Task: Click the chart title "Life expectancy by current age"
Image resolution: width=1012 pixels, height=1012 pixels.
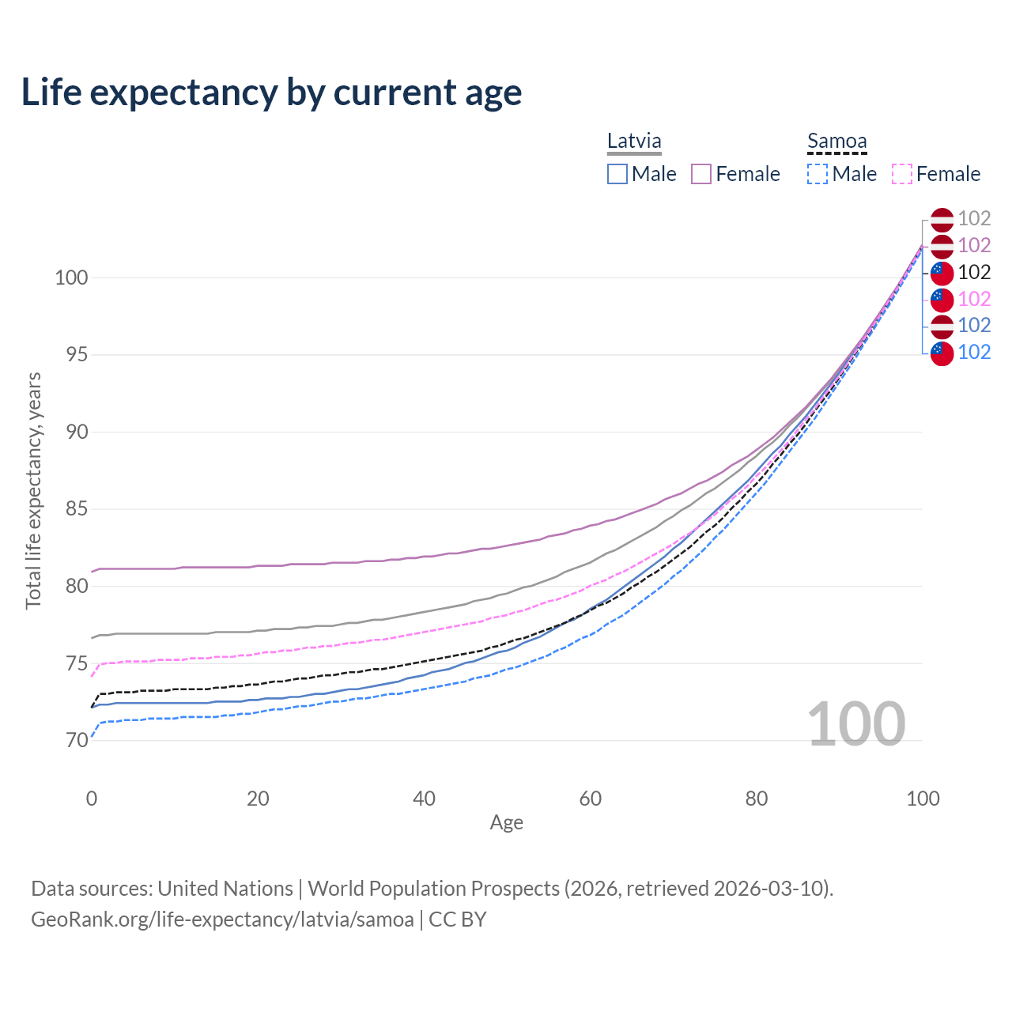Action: click(x=271, y=93)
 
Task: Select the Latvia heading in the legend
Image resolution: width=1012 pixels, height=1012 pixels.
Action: click(x=634, y=141)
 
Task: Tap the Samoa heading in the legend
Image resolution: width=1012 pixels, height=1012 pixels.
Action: click(x=836, y=142)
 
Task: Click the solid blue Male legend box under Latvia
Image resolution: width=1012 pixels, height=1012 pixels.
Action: click(x=617, y=174)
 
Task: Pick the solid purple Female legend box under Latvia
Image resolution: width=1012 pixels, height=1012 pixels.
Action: click(x=701, y=174)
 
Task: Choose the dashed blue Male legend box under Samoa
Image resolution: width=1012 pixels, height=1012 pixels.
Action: click(x=818, y=174)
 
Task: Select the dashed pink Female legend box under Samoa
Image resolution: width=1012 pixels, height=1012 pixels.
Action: click(x=902, y=174)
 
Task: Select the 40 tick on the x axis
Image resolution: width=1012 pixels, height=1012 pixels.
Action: click(x=424, y=799)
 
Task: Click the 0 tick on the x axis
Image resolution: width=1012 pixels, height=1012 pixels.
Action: click(x=92, y=799)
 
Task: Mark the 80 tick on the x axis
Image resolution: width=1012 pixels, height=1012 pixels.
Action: click(x=757, y=799)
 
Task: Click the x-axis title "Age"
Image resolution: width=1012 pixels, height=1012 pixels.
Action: click(x=506, y=823)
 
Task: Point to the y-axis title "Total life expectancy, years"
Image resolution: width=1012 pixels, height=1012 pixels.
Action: click(x=33, y=490)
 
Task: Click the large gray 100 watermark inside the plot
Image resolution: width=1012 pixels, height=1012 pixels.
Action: click(x=856, y=724)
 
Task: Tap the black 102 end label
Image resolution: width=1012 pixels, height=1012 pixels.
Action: click(x=974, y=272)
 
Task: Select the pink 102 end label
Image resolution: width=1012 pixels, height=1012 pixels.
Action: click(x=974, y=299)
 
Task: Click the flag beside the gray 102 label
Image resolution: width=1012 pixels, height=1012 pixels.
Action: click(x=942, y=219)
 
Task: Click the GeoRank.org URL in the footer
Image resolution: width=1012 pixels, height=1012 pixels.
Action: click(x=222, y=919)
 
